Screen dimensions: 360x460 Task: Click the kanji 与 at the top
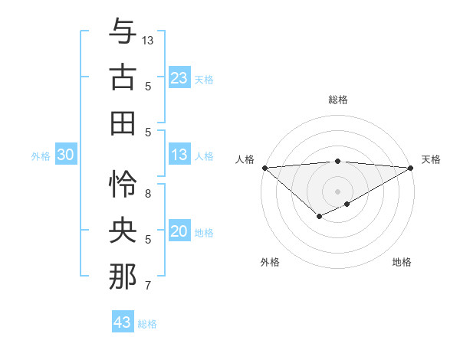(x=123, y=31)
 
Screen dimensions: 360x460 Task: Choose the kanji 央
(x=123, y=231)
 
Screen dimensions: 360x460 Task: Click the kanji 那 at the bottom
(x=123, y=277)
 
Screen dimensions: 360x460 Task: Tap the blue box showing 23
(x=179, y=77)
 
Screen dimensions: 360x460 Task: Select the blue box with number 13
(x=179, y=155)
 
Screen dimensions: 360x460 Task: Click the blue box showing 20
(x=179, y=231)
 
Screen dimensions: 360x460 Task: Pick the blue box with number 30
(x=65, y=155)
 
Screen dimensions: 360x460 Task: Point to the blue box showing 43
(x=122, y=322)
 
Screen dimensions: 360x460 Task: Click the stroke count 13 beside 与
(x=148, y=40)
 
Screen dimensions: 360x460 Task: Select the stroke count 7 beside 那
(x=148, y=286)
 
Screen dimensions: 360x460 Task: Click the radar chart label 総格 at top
(x=338, y=100)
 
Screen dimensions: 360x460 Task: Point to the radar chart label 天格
(x=431, y=159)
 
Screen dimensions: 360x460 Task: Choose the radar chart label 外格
(x=269, y=262)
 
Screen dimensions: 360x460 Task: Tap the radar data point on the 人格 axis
(x=264, y=168)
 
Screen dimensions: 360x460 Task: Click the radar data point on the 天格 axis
(x=411, y=168)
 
